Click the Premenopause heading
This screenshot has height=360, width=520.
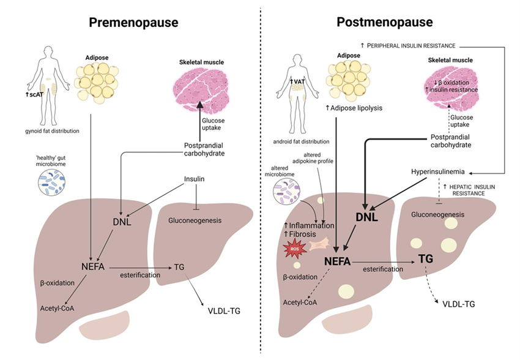point(133,23)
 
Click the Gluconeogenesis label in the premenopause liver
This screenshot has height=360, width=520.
point(194,219)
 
